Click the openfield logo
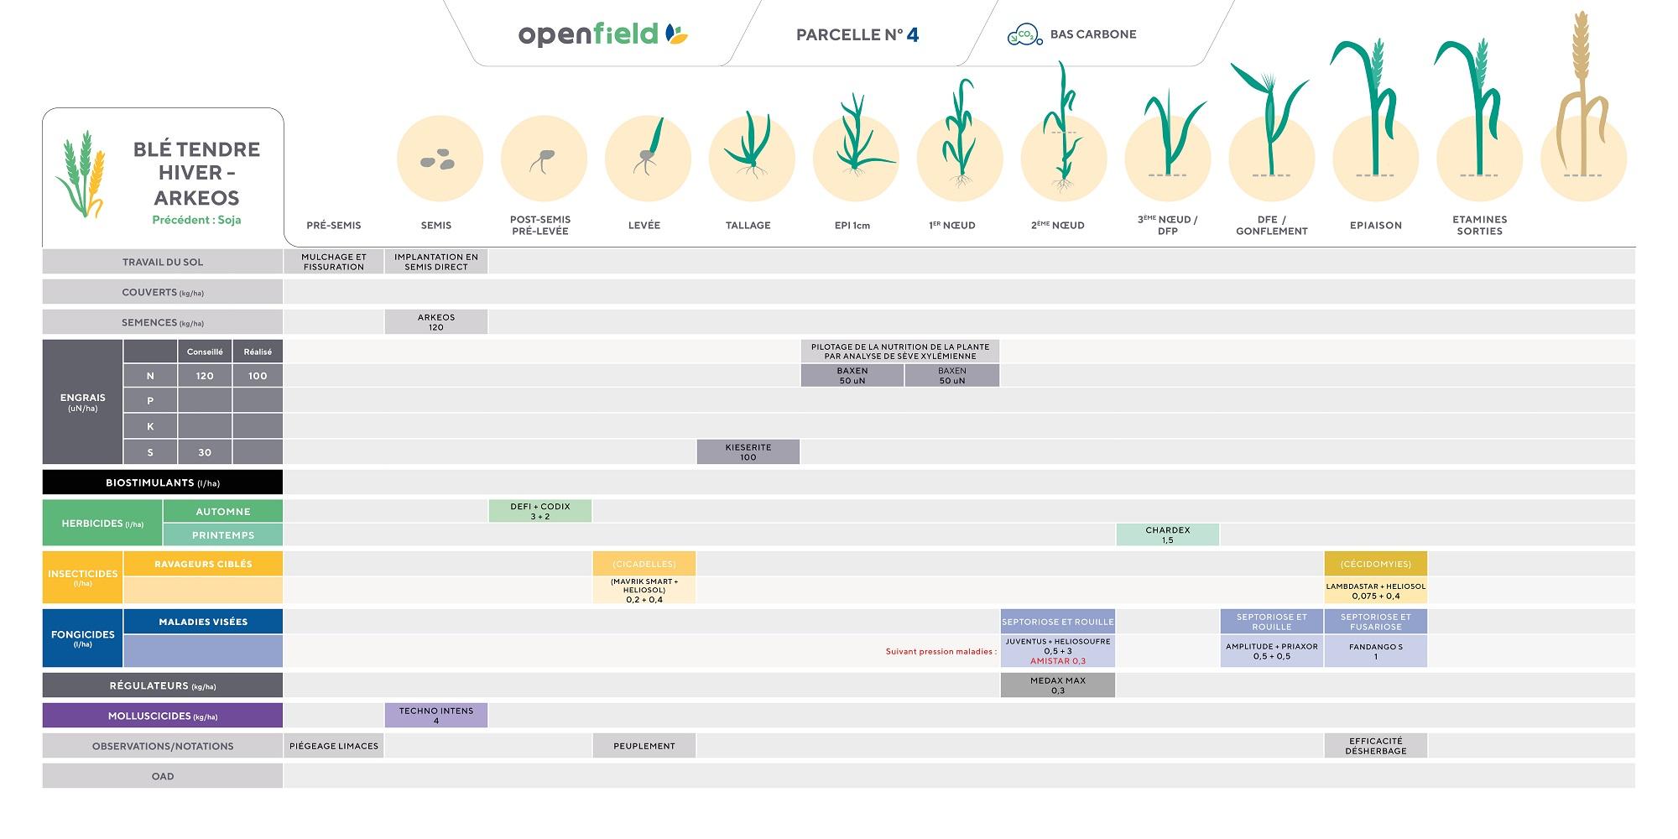pyautogui.click(x=602, y=34)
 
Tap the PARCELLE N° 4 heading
pyautogui.click(x=857, y=34)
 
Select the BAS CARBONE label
pyautogui.click(x=1092, y=34)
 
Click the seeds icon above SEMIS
pyautogui.click(x=438, y=159)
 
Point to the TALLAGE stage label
pyautogui.click(x=748, y=225)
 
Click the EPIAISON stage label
pyautogui.click(x=1375, y=225)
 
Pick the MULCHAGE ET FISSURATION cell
pyautogui.click(x=333, y=262)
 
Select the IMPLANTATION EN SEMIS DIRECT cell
pyautogui.click(x=435, y=262)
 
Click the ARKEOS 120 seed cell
pyautogui.click(x=435, y=322)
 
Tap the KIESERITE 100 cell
pyautogui.click(x=748, y=452)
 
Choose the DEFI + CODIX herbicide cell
pyautogui.click(x=539, y=511)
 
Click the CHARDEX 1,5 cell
pyautogui.click(x=1167, y=534)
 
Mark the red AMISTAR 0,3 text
pyautogui.click(x=1057, y=661)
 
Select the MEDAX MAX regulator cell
pyautogui.click(x=1057, y=685)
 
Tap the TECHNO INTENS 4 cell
pyautogui.click(x=435, y=716)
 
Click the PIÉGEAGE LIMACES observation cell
pyautogui.click(x=333, y=746)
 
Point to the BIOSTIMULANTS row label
pyautogui.click(x=162, y=482)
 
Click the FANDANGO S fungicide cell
pyautogui.click(x=1375, y=651)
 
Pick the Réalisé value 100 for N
pyautogui.click(x=258, y=376)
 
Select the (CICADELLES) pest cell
pyautogui.click(x=644, y=564)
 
